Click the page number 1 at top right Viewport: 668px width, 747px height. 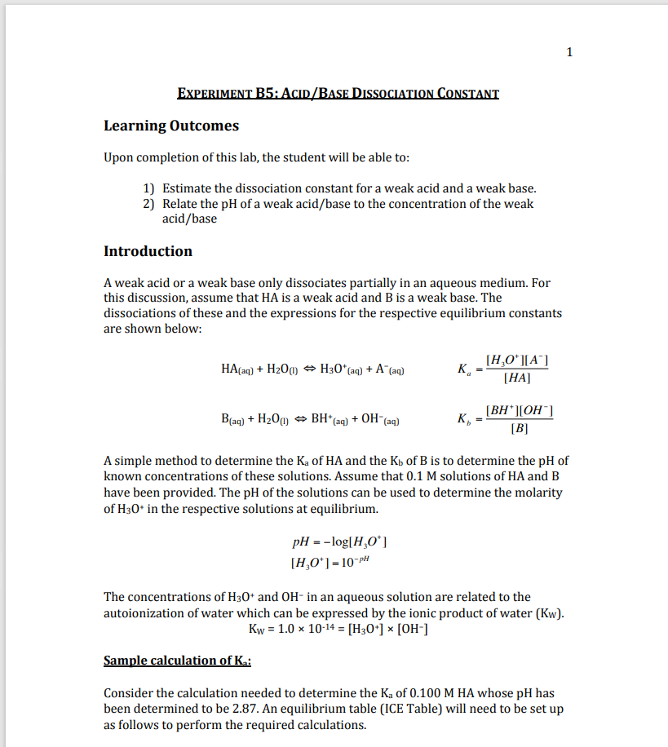coord(569,53)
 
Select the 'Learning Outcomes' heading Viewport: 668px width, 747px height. coord(171,126)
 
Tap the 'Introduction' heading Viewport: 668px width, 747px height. coord(148,251)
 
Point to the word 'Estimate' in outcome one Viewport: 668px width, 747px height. coord(188,188)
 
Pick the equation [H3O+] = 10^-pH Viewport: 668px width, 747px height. coord(334,562)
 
